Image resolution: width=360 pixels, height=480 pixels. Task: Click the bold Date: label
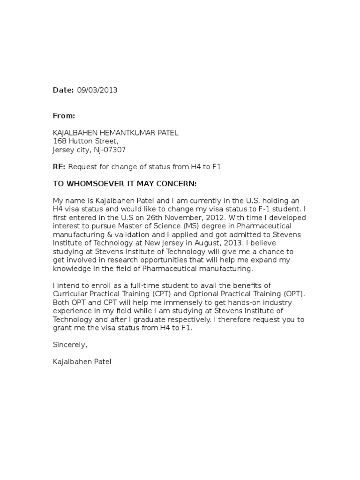[63, 90]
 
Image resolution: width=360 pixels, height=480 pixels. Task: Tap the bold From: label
[64, 116]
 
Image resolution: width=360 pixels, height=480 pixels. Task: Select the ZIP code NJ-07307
[110, 150]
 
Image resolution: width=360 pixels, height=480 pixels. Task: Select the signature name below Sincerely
[82, 362]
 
